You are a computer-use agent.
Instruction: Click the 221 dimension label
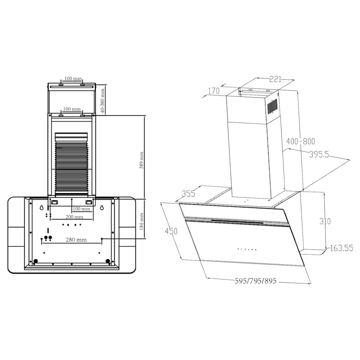point(275,79)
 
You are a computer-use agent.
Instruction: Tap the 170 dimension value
point(214,91)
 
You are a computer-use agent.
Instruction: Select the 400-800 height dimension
point(301,141)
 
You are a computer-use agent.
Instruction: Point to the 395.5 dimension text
point(319,154)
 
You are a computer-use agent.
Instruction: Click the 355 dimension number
point(189,194)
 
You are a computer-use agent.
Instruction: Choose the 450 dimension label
point(171,231)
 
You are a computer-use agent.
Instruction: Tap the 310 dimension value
point(325,221)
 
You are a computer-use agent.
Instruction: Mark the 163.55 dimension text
point(342,248)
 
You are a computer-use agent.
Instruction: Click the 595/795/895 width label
point(256,281)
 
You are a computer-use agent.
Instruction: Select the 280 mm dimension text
point(76,240)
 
